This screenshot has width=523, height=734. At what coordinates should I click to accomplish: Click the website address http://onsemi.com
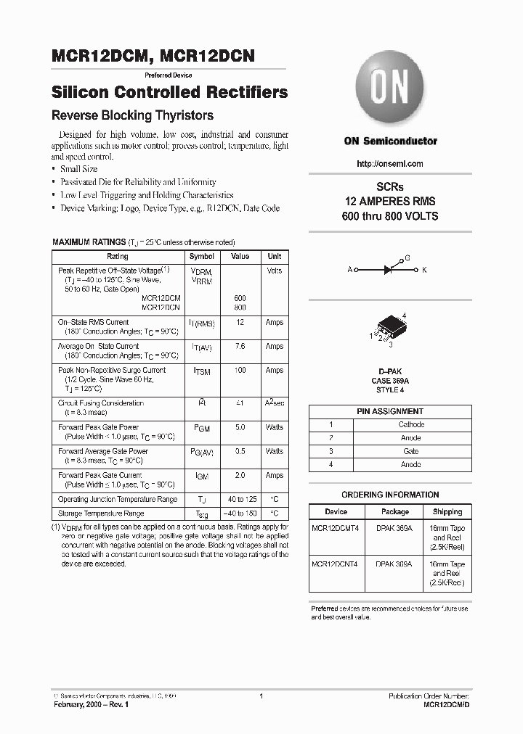click(390, 164)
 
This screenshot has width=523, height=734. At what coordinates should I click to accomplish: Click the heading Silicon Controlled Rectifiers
click(170, 93)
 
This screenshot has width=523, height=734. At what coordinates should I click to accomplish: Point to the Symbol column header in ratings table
click(201, 257)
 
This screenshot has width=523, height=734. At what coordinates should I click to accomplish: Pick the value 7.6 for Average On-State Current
click(240, 347)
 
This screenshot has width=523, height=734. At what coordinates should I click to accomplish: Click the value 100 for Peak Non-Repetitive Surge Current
click(240, 371)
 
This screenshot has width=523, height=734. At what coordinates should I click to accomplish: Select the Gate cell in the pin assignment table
click(410, 451)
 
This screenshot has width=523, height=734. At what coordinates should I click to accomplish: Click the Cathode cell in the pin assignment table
click(410, 425)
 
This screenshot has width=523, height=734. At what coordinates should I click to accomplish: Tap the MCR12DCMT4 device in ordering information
click(334, 529)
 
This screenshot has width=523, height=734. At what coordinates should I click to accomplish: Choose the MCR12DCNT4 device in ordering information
click(334, 564)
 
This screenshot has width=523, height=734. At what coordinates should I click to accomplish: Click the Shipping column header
click(448, 512)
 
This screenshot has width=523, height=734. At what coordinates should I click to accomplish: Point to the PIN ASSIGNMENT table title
click(390, 411)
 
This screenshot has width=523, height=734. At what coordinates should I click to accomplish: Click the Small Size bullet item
click(78, 169)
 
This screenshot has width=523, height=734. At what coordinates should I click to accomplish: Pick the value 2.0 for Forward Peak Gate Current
click(240, 476)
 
